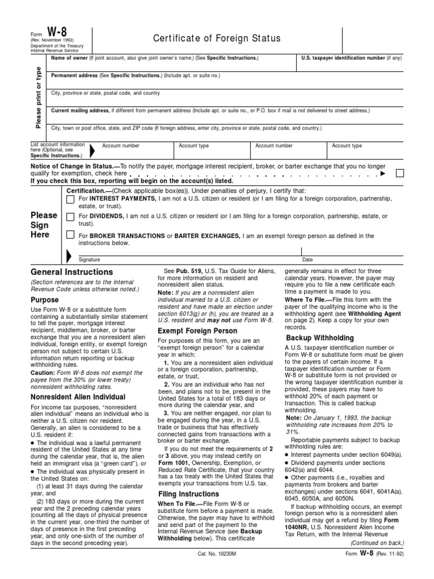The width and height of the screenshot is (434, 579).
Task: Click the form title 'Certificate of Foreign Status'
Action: pyautogui.click(x=217, y=38)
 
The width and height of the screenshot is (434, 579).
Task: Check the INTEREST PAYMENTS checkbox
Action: pyautogui.click(x=71, y=200)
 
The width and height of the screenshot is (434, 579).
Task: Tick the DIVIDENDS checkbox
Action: pyautogui.click(x=71, y=217)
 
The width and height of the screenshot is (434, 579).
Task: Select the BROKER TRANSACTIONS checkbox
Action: pyautogui.click(x=71, y=235)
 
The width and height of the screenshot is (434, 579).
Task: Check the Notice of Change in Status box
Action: pyautogui.click(x=400, y=173)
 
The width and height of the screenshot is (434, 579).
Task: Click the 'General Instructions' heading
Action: pyautogui.click(x=72, y=272)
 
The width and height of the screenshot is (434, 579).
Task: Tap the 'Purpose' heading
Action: pyautogui.click(x=45, y=300)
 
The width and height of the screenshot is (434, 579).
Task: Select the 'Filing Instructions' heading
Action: pyautogui.click(x=188, y=494)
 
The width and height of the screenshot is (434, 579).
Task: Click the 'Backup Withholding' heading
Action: pyautogui.click(x=319, y=338)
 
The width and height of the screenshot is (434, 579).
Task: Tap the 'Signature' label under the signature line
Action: pyautogui.click(x=89, y=260)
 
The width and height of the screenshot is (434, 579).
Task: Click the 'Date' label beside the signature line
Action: pyautogui.click(x=307, y=260)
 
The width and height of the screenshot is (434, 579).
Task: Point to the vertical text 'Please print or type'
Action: pyautogui.click(x=38, y=97)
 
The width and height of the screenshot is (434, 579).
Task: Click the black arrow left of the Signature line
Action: pyautogui.click(x=69, y=256)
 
